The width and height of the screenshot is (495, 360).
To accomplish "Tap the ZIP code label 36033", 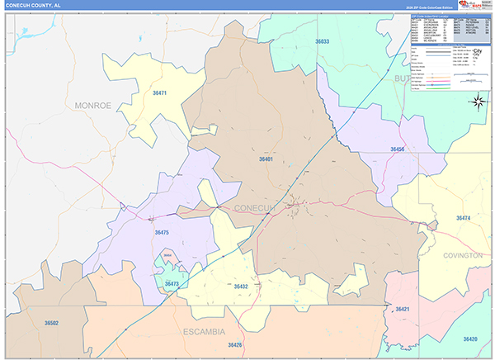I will coord(322,41).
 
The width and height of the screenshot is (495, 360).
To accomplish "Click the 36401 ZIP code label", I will coord(266,158).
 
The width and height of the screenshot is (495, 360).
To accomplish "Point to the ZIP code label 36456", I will coord(398,149).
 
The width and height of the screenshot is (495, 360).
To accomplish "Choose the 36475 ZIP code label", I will coord(161,233).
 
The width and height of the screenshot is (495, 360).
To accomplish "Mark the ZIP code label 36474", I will coord(463,217).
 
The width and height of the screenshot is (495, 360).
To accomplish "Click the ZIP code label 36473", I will coord(172,283).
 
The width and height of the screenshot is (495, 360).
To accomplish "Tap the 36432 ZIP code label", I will coord(240,286).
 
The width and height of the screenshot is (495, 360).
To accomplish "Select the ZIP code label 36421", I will coord(403,309).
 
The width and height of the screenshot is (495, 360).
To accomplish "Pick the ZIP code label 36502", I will coord(52,323).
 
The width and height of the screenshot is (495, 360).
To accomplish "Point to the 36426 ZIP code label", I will coord(235,344).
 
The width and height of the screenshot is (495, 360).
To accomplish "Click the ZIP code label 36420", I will coord(469,339).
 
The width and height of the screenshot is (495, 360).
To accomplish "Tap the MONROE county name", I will coord(92,107).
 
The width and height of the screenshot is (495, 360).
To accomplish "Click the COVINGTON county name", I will coord(462,256).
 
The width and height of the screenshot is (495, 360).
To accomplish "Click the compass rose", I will coord(478,102).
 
